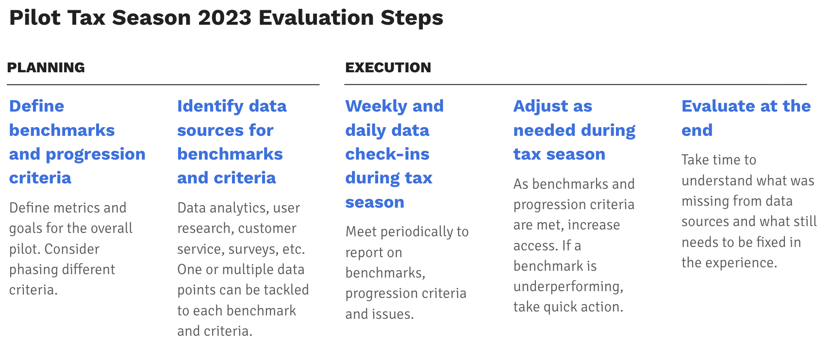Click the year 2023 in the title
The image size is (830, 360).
[x=225, y=18]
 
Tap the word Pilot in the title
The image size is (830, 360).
[x=35, y=18]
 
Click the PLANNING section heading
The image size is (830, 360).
[x=46, y=67]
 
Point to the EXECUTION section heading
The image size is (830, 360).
[x=388, y=67]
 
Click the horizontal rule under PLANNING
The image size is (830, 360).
[x=163, y=85]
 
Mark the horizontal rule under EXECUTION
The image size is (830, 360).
[x=576, y=84]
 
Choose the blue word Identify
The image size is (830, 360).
[x=210, y=107]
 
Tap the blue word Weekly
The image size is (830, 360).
[x=376, y=107]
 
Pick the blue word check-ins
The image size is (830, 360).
[x=387, y=154]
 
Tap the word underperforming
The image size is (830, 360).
[x=568, y=287]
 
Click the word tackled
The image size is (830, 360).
[x=281, y=290]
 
